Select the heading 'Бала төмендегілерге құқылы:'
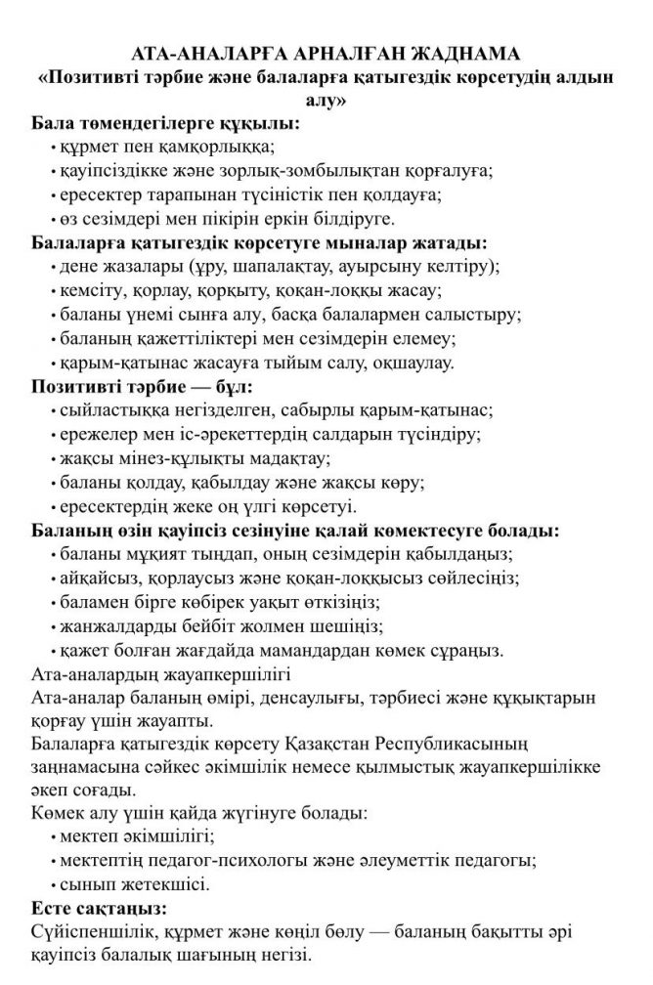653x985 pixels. click(165, 124)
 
